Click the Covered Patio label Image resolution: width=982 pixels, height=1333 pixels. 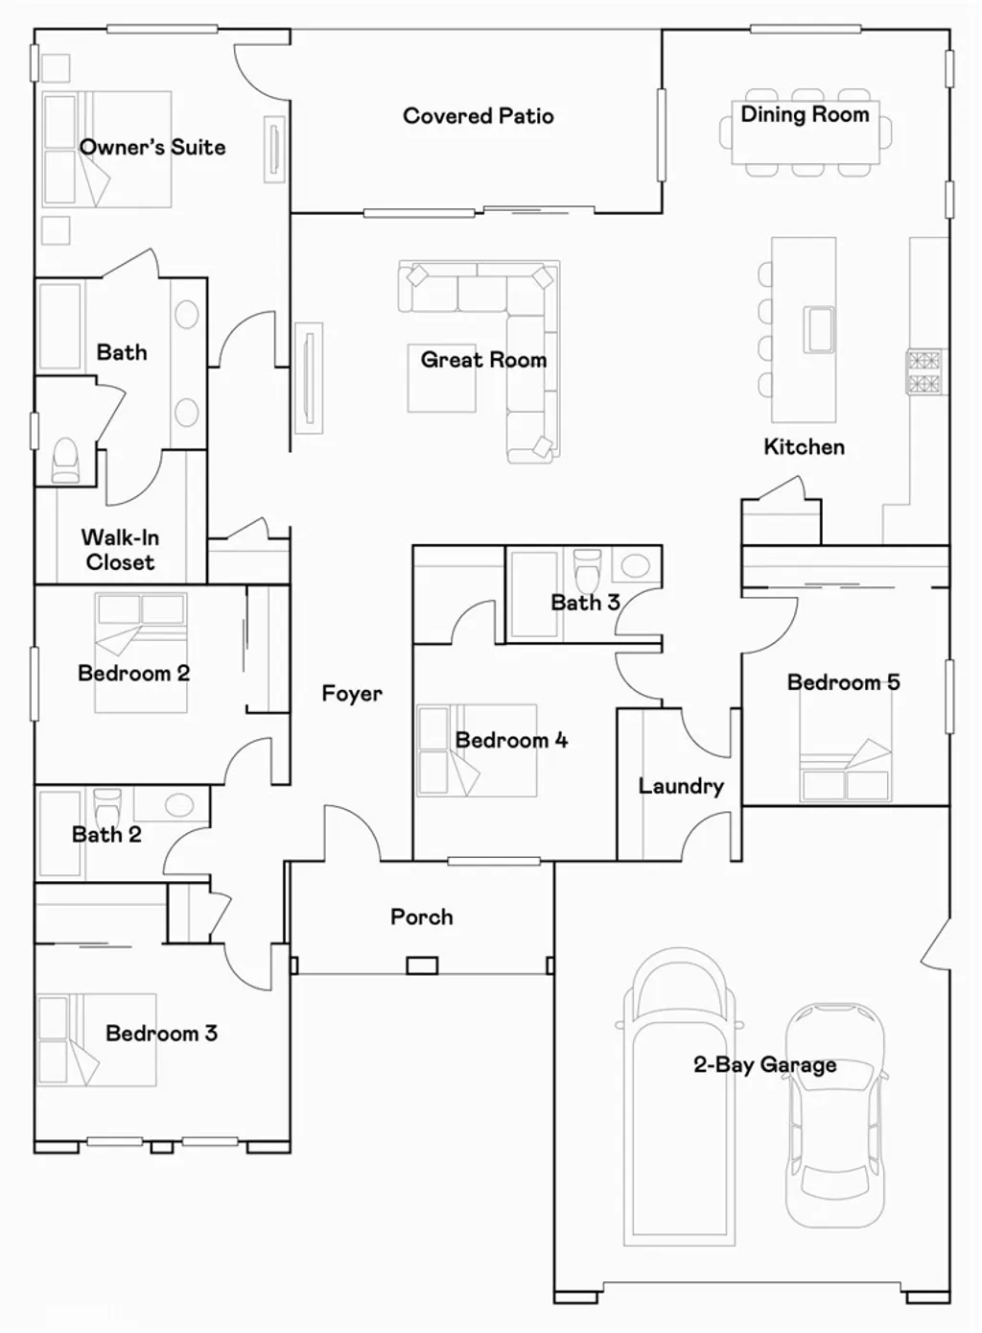[478, 116]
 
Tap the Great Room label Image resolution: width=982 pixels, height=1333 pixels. [483, 360]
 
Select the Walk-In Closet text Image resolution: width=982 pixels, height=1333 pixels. [120, 550]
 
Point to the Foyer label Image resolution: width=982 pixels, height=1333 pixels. [352, 693]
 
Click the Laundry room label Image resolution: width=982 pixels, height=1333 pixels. [681, 786]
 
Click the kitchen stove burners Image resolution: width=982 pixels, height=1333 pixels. [924, 372]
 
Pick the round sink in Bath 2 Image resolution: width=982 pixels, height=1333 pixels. [179, 805]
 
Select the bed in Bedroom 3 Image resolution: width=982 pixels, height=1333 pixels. [96, 1039]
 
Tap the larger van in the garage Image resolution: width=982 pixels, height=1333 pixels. [680, 1094]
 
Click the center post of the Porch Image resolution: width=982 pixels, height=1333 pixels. [422, 965]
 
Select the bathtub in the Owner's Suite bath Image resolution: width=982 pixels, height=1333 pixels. [60, 326]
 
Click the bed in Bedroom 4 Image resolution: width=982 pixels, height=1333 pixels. [477, 750]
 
